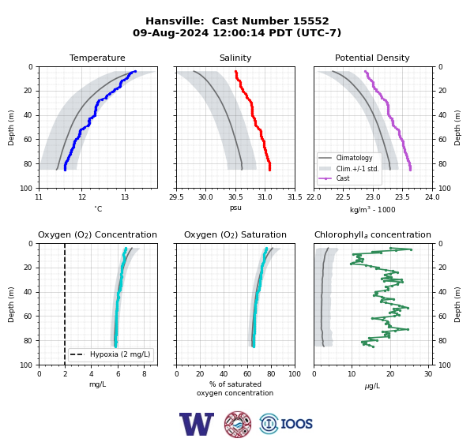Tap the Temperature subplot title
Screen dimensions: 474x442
(97, 58)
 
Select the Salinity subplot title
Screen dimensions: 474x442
(235, 58)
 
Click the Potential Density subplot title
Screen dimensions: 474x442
(372, 58)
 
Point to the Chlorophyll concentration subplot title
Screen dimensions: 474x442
(373, 234)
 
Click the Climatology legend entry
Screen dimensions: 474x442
(354, 158)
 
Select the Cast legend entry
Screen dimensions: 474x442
(343, 178)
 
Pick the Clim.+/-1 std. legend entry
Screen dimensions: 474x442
(358, 169)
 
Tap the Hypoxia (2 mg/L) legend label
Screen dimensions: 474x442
(120, 354)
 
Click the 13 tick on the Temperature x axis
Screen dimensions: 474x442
(125, 197)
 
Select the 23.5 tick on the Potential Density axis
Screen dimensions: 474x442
(403, 197)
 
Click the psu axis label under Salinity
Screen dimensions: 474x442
(235, 208)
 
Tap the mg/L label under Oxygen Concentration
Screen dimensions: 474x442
(98, 384)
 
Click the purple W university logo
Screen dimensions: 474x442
(197, 424)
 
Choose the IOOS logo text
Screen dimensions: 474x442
(296, 424)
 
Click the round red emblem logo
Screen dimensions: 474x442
(238, 424)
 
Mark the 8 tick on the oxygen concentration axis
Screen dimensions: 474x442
(145, 374)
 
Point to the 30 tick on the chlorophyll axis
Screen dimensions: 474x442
(428, 374)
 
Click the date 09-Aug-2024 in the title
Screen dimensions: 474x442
(171, 32)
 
